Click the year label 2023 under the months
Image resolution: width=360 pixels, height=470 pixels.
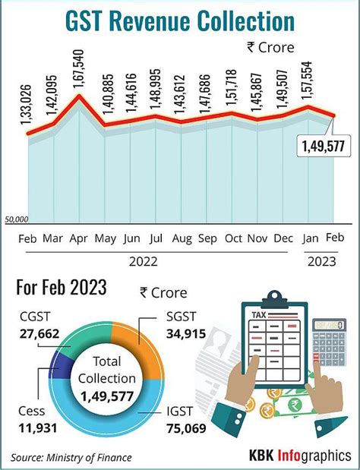pos(323,261)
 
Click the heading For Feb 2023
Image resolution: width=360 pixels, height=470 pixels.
pos(61,289)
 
